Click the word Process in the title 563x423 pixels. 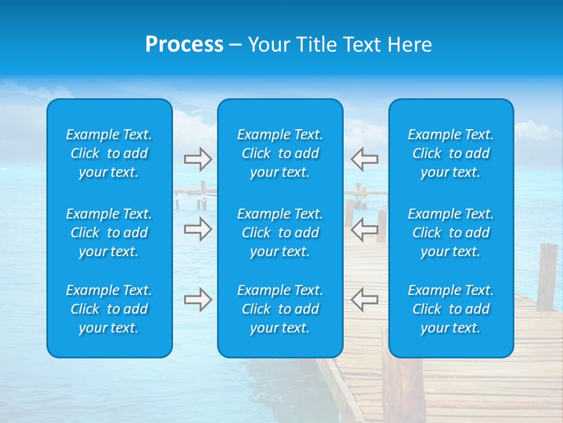tap(184, 45)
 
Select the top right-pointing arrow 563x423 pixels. tap(198, 159)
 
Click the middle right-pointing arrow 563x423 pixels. tap(198, 230)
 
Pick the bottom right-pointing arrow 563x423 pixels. tap(198, 300)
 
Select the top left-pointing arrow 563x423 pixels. tap(365, 159)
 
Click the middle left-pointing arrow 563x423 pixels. tap(365, 230)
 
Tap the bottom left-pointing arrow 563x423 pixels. tap(365, 300)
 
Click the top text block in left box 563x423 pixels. tap(109, 153)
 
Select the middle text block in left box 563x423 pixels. tap(109, 233)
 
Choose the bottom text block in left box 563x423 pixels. tap(109, 309)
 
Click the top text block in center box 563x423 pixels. tap(280, 153)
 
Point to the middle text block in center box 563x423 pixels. tap(280, 233)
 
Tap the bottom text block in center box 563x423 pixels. tap(280, 309)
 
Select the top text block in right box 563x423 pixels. tap(450, 153)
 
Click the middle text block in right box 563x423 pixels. tap(450, 233)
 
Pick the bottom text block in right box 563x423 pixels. tap(450, 309)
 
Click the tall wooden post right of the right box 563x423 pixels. tap(547, 276)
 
